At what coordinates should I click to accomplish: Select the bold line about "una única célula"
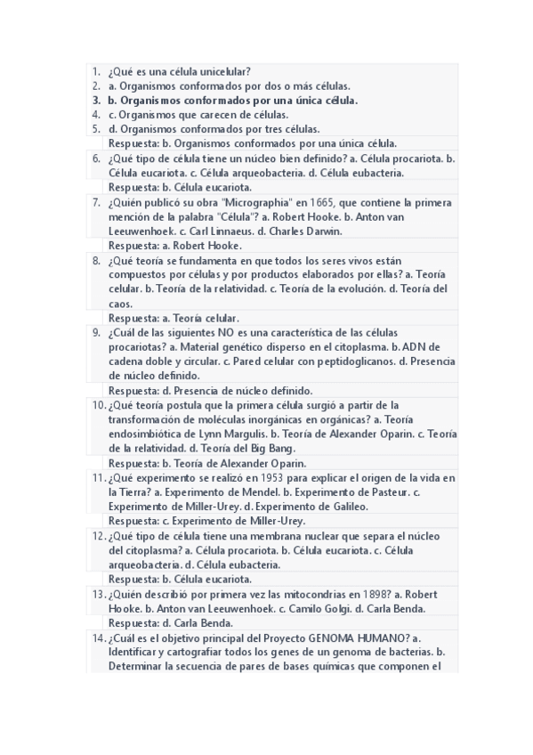(x=232, y=101)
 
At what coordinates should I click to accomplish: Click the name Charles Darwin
(x=316, y=231)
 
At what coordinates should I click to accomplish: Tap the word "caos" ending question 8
(x=120, y=304)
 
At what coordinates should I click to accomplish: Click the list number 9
(x=95, y=332)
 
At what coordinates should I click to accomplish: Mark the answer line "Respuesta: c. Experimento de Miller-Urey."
(x=206, y=521)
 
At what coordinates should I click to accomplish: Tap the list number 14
(x=98, y=637)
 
